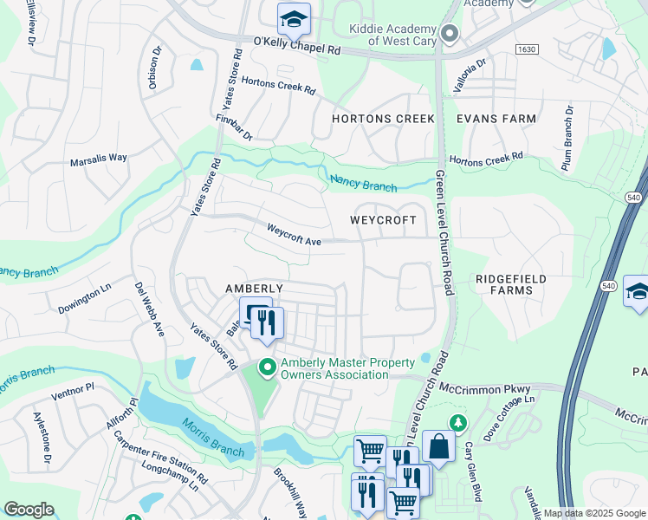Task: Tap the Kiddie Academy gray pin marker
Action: click(x=449, y=34)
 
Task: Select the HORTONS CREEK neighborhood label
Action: click(x=383, y=119)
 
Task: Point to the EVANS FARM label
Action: click(x=496, y=119)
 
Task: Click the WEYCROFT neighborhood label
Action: click(x=389, y=221)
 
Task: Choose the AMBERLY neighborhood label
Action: click(x=254, y=289)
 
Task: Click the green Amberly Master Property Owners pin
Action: click(x=268, y=368)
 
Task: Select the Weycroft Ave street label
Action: click(x=294, y=235)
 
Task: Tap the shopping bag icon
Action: click(x=438, y=446)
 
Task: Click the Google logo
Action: click(x=29, y=510)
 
